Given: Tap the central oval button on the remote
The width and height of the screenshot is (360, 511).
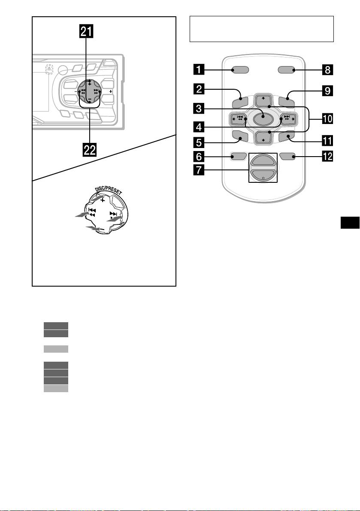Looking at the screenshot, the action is (263, 118).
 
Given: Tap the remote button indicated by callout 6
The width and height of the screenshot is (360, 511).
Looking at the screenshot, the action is (238, 157).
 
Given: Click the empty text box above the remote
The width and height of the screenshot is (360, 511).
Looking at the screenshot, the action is (261, 29).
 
